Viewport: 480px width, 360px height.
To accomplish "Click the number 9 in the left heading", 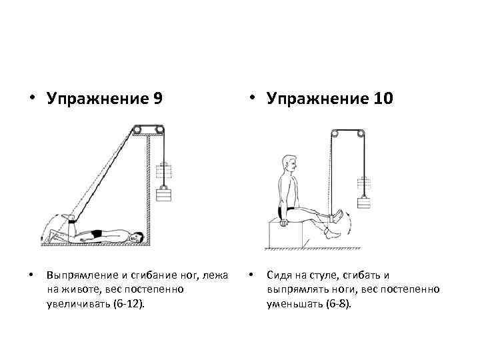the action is (x=157, y=99).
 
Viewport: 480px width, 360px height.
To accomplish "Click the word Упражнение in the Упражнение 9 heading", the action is (x=99, y=99).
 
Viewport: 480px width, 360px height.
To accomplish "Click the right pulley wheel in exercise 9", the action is (x=159, y=130).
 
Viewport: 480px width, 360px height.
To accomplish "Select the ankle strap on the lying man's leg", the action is (x=67, y=217).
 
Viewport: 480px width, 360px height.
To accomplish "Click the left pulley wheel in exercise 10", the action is (x=338, y=133).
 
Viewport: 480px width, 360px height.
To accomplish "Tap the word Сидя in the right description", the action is (x=279, y=275).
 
